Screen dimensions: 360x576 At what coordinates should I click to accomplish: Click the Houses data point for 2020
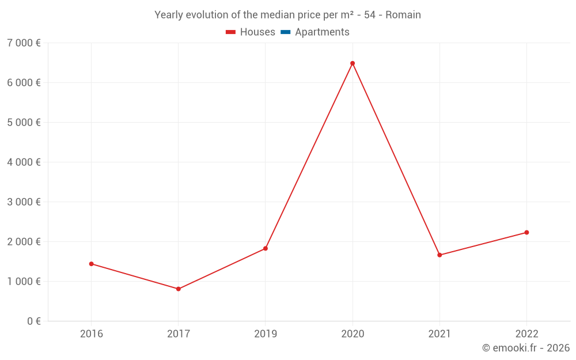[x=353, y=63]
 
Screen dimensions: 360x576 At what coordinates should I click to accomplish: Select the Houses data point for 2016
[x=91, y=264]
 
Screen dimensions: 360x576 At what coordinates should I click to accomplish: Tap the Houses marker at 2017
[x=179, y=289]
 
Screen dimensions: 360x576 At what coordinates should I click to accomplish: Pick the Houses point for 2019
[x=266, y=249]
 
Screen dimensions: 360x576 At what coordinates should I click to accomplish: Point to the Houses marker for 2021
[x=439, y=255]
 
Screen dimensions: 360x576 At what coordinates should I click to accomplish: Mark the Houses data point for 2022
[x=526, y=233]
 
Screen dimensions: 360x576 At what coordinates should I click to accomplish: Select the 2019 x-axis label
[x=266, y=334]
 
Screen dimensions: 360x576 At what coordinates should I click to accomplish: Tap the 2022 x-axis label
[x=526, y=334]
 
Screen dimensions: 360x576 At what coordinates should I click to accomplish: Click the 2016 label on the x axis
[x=91, y=334]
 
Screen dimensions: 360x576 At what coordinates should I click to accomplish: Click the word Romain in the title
[x=403, y=15]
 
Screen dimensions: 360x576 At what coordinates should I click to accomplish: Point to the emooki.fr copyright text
[x=525, y=348]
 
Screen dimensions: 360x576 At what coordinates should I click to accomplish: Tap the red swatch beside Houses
[x=231, y=32]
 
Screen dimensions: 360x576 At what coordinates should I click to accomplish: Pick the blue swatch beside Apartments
[x=286, y=32]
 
